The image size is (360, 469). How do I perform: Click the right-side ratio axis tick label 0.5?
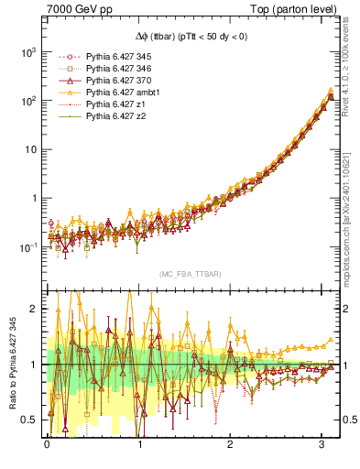[x=348, y=420]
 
